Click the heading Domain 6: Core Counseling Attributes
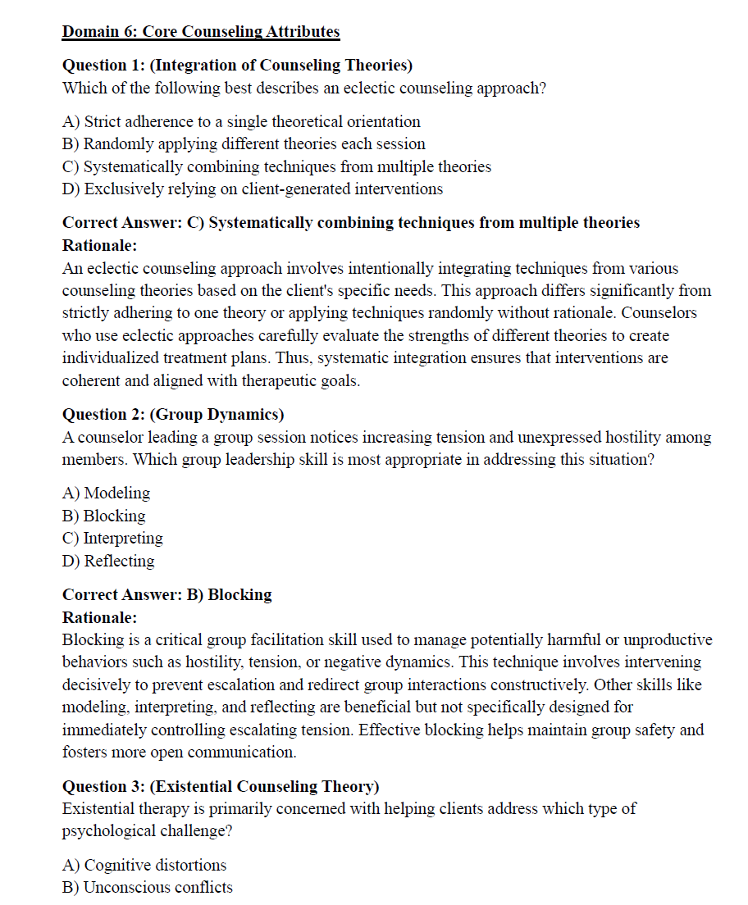tap(201, 32)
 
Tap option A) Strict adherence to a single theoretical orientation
tap(241, 121)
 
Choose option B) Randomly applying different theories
tap(244, 143)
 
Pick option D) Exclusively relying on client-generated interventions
tap(253, 189)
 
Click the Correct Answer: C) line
tap(351, 223)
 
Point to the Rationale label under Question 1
tap(99, 245)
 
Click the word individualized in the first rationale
tap(113, 358)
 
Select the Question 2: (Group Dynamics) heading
tap(173, 415)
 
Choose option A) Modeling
tap(106, 493)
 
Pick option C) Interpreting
tap(112, 538)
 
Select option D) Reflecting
tap(108, 561)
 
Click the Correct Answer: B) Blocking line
tap(167, 594)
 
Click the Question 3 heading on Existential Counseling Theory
tap(221, 786)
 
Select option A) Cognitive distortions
tap(144, 865)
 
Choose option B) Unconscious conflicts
tap(148, 887)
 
